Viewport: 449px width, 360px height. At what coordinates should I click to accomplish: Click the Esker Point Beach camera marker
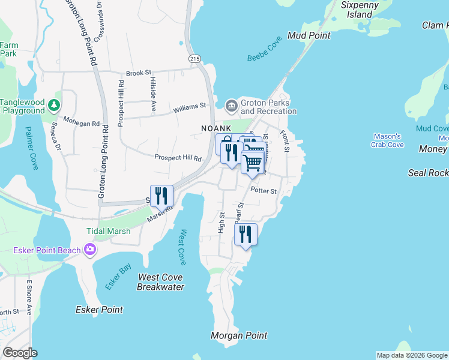tap(90, 249)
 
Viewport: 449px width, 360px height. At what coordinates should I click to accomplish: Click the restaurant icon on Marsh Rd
tap(161, 196)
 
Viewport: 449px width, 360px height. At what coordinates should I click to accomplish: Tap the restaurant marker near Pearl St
tap(246, 234)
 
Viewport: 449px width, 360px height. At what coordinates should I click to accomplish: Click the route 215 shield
tap(193, 58)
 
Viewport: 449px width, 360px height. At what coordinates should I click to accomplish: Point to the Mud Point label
tap(309, 35)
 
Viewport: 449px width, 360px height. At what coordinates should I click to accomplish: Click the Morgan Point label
tap(240, 335)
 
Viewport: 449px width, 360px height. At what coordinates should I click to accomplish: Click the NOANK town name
tap(216, 128)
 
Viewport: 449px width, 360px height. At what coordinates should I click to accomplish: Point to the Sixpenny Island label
tap(360, 10)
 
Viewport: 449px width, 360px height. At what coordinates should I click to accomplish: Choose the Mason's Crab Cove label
tap(388, 140)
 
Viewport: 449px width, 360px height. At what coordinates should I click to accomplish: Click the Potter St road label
tap(264, 191)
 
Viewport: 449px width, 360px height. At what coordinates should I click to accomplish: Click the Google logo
tap(20, 353)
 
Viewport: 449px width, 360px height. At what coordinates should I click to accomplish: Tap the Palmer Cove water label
tap(32, 148)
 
